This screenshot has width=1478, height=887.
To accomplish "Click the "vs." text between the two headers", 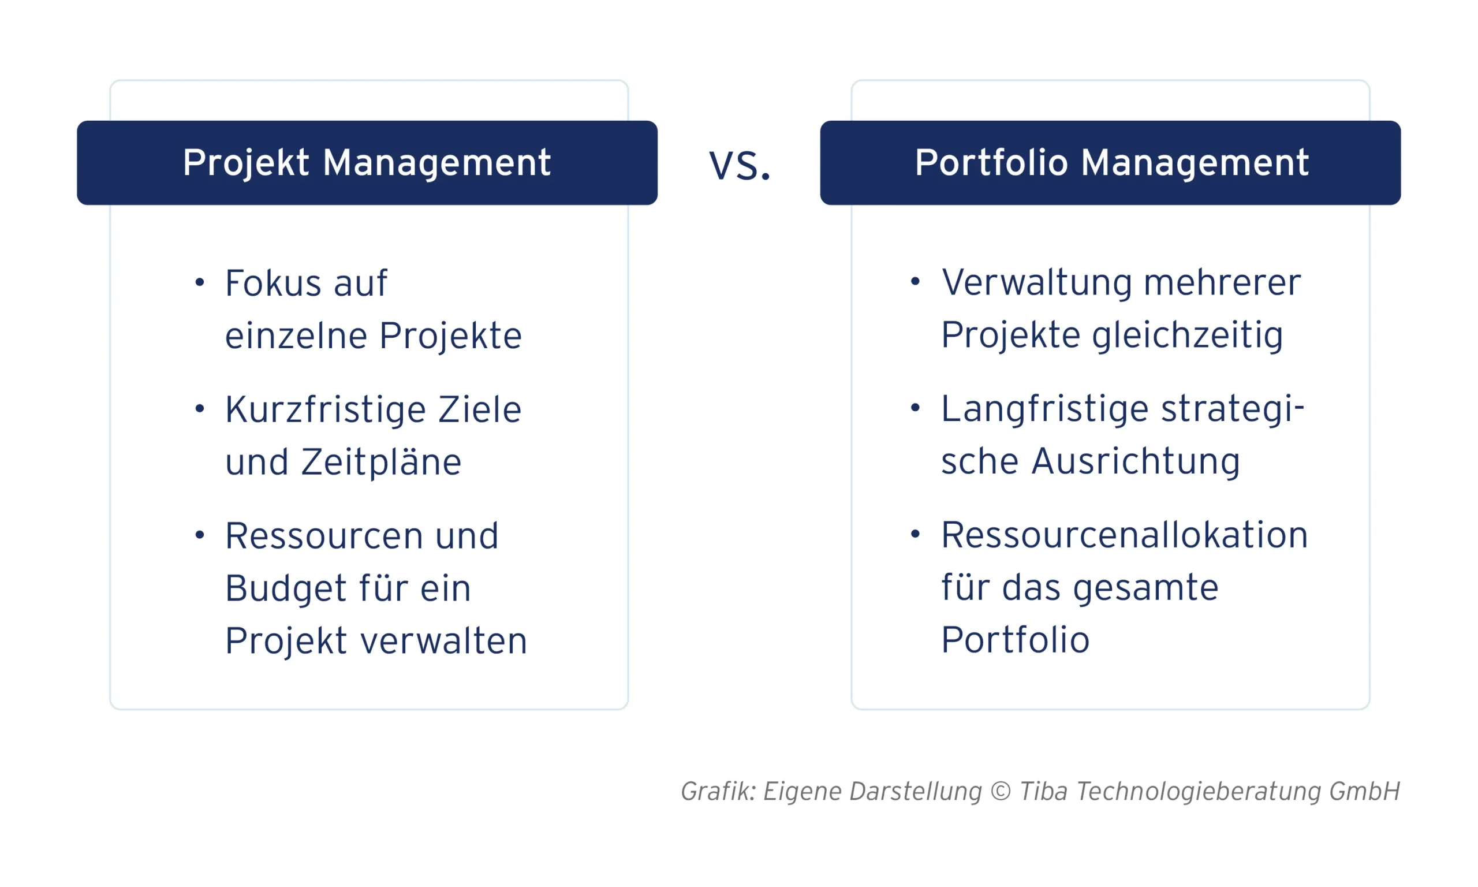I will (739, 165).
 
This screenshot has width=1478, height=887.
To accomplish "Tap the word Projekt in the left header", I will (245, 163).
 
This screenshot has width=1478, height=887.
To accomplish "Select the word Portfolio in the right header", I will (991, 163).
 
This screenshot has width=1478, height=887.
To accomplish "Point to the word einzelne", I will (296, 336).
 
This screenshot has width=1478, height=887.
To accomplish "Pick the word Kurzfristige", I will (325, 410).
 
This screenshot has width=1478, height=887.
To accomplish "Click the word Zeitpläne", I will (381, 463).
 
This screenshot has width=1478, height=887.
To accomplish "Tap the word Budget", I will (286, 589).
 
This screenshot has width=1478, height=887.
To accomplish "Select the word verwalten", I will (445, 642).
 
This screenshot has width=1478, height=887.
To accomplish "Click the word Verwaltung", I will (1036, 283).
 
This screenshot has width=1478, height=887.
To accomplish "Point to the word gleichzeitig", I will (1187, 336).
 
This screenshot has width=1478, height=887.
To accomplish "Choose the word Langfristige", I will (1044, 409).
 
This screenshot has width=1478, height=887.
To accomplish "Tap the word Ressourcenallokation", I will (1124, 535).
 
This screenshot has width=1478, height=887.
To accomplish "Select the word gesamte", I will (1145, 587).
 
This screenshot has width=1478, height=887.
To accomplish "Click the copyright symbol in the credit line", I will (1000, 791).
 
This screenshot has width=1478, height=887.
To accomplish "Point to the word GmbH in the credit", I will (1364, 791).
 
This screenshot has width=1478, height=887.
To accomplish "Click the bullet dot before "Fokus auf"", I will (200, 282).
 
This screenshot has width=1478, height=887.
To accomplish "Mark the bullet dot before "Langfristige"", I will (915, 408).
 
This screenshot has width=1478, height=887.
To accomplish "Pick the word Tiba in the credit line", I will (1043, 791).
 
